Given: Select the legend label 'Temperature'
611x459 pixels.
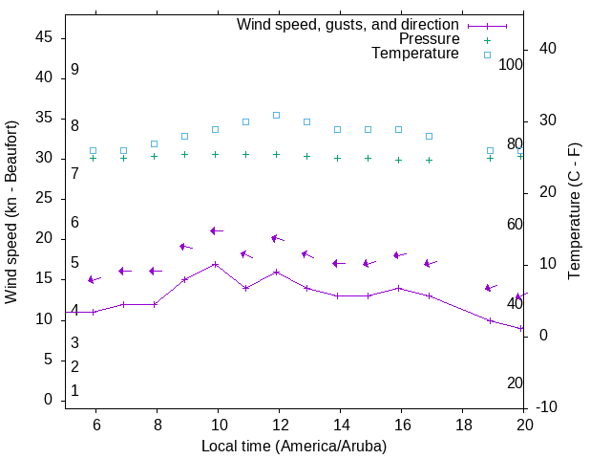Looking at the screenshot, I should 415,54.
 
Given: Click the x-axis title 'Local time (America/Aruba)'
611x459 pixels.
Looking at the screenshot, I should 294,446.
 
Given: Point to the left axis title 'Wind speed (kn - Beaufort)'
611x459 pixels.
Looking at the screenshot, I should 11,212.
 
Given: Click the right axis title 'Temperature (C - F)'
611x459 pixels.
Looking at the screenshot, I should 574,212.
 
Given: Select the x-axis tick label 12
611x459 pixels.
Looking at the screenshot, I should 279,425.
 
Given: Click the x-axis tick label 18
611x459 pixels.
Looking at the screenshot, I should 463,425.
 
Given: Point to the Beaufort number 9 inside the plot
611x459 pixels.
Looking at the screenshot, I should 74,70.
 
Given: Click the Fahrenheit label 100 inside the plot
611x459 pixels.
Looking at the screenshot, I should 511,64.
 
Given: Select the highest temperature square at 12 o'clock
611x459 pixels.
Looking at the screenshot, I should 277,115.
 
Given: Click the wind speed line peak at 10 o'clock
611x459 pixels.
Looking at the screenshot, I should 216,264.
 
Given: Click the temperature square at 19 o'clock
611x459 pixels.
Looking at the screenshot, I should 491,150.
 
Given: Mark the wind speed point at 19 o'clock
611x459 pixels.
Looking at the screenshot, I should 491,320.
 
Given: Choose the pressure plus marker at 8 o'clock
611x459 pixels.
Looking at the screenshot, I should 155,156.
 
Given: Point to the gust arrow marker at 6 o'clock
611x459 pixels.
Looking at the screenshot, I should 93,279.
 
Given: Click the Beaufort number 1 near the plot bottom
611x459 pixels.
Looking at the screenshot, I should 74,390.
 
